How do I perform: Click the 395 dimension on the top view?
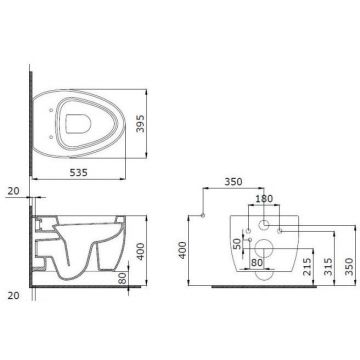[141, 123]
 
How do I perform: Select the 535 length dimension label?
[78, 172]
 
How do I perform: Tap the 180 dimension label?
[264, 199]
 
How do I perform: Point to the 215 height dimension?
[307, 266]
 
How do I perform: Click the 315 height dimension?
[328, 266]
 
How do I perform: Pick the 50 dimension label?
[237, 244]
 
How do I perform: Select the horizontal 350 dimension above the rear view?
[233, 182]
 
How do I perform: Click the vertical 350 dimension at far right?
[349, 266]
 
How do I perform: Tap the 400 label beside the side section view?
[141, 251]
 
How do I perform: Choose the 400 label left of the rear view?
[183, 250]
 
